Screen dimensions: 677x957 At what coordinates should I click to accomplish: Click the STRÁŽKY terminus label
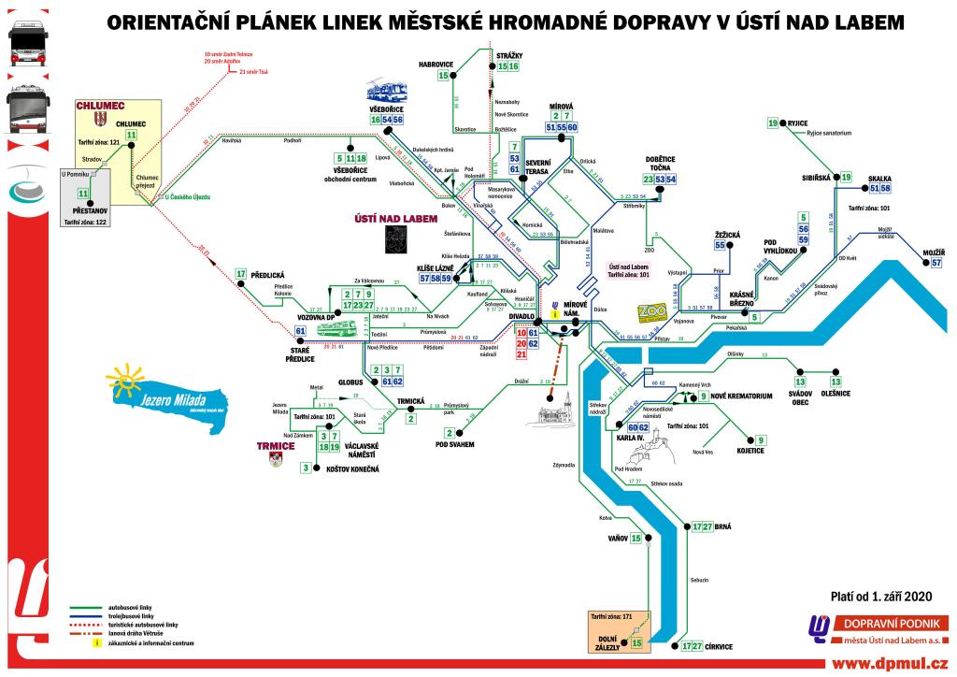[x=507, y=56]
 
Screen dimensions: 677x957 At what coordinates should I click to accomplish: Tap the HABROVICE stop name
[x=435, y=64]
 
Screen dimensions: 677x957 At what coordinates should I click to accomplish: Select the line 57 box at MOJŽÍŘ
[x=936, y=264]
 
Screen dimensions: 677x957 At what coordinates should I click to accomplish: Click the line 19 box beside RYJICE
[x=773, y=123]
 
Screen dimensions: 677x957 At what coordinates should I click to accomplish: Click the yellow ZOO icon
[x=650, y=311]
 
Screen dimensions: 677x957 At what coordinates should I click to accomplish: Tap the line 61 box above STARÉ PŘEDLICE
[x=300, y=331]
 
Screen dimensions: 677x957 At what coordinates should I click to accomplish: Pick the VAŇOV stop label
[x=616, y=539]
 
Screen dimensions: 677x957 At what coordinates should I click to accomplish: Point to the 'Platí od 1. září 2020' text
[x=881, y=596]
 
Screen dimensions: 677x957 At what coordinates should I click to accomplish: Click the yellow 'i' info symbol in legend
[x=94, y=642]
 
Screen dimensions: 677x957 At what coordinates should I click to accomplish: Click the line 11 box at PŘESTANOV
[x=83, y=194]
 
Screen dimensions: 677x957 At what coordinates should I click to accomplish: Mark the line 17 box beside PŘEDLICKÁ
[x=241, y=274]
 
